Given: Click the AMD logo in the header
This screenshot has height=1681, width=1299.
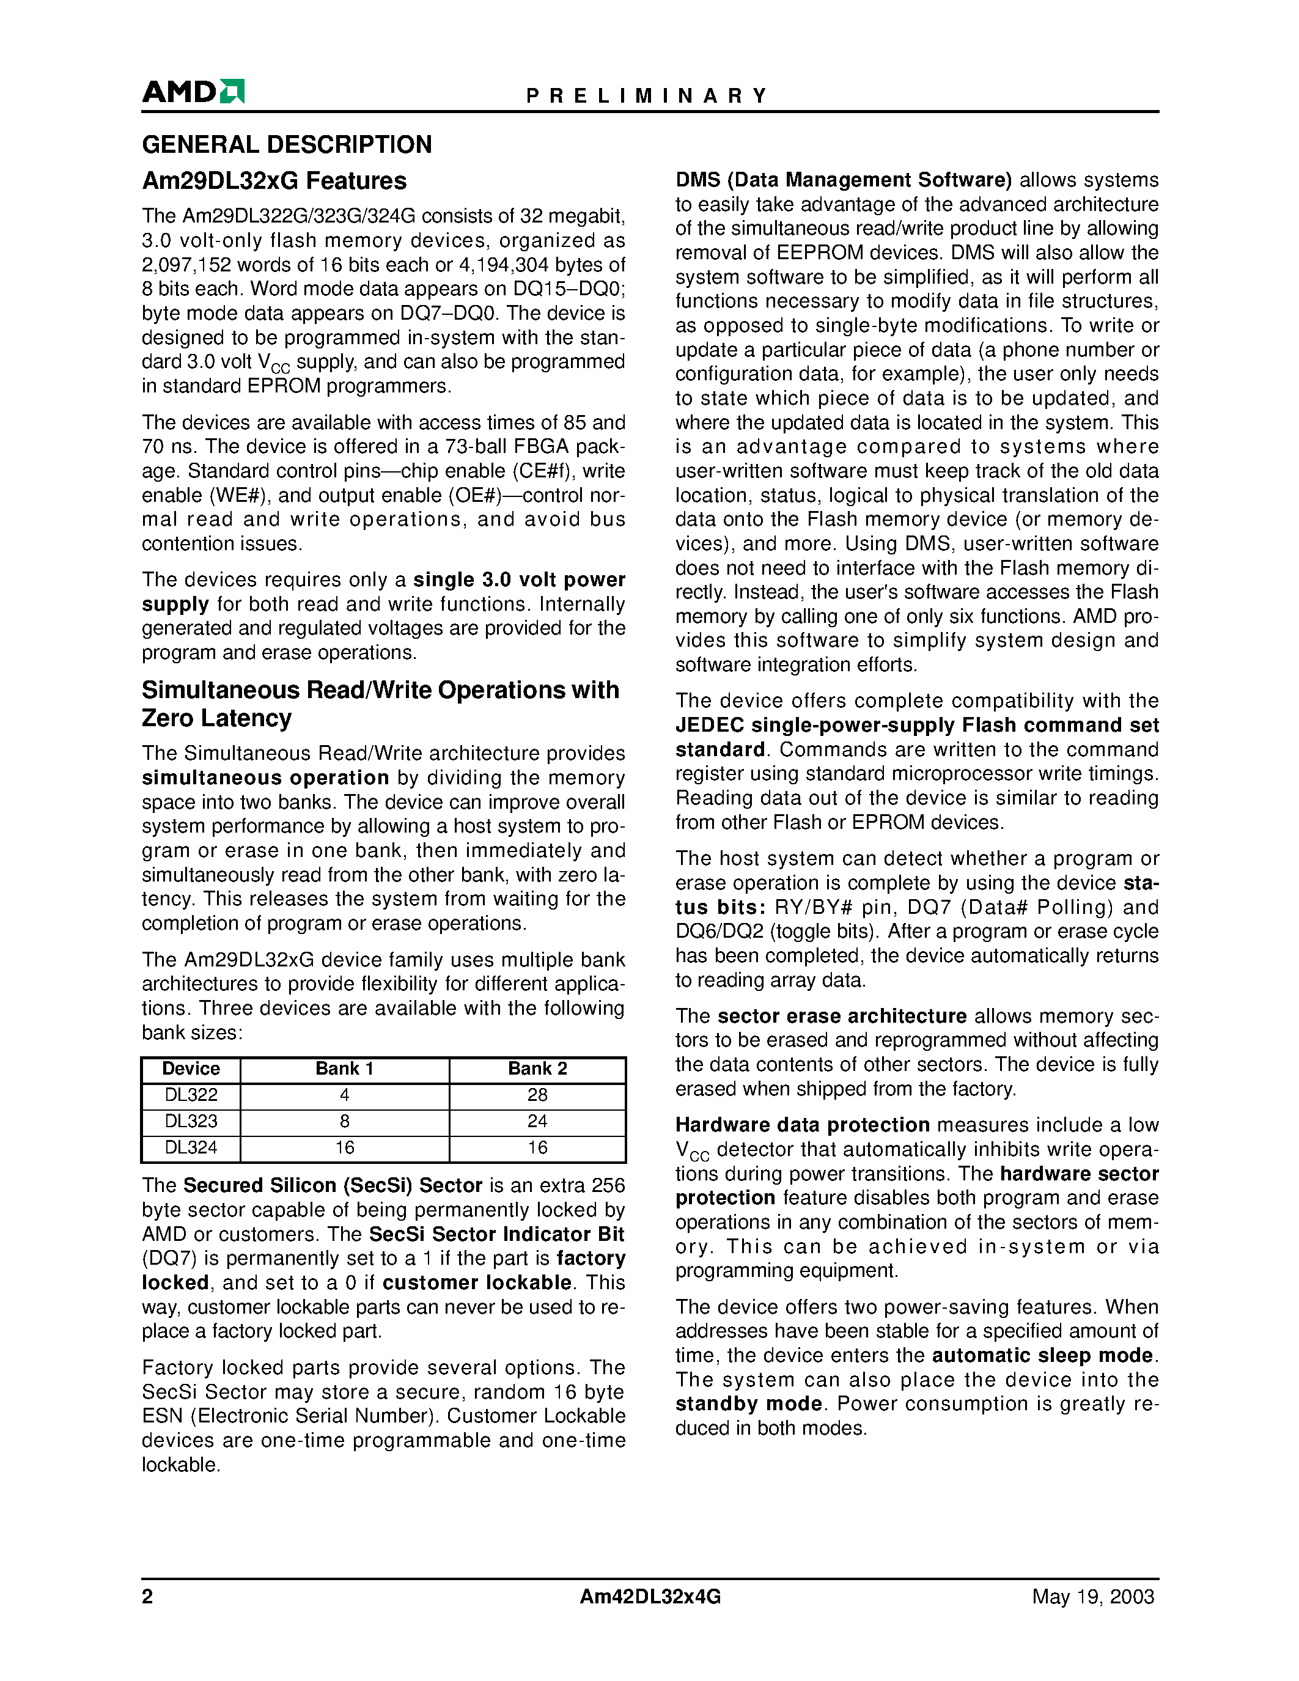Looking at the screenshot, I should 193,92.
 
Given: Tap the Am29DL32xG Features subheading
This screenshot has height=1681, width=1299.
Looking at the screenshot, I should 274,181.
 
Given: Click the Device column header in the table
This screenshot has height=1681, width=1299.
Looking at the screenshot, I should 191,1069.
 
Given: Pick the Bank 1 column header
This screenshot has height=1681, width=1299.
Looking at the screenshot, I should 344,1069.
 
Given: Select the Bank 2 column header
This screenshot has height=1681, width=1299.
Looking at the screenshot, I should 537,1069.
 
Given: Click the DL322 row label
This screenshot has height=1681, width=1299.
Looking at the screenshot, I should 191,1095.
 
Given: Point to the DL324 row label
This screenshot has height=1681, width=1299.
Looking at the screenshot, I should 191,1147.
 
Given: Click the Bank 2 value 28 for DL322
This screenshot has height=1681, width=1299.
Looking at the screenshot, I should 537,1095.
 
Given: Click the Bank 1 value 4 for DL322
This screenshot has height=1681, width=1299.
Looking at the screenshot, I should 344,1095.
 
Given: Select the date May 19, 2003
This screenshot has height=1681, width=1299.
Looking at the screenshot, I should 1093,1597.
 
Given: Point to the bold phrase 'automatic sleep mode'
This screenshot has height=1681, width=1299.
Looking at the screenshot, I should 1043,1355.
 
